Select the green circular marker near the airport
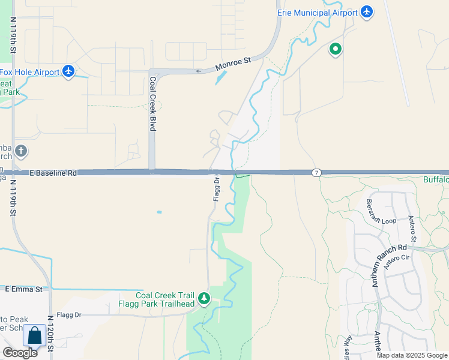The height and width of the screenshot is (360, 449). (x=335, y=49)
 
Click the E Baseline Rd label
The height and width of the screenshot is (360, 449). (x=53, y=173)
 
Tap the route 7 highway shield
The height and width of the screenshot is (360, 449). (x=316, y=173)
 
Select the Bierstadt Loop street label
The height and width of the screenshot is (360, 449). (x=381, y=212)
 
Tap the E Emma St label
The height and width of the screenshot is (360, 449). (x=24, y=289)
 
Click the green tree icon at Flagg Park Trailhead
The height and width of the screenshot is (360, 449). (x=204, y=299)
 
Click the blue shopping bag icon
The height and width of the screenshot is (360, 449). (x=35, y=336)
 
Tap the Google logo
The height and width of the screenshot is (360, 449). (x=20, y=353)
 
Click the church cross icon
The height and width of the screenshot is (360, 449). (x=21, y=151)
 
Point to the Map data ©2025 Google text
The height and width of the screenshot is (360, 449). (x=411, y=355)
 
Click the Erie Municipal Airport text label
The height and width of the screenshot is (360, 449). (x=316, y=12)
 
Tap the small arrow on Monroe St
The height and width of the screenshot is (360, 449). (x=199, y=70)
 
